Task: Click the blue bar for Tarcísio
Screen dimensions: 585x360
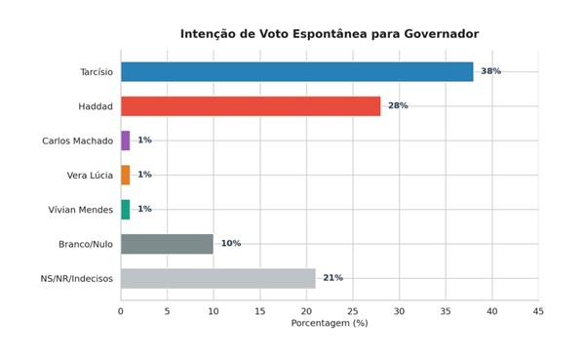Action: [297, 71]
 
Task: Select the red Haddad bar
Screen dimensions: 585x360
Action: [251, 106]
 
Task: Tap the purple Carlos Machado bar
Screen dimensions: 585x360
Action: [126, 140]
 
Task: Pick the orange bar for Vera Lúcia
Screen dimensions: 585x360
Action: [126, 175]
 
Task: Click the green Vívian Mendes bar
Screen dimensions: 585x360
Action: [126, 210]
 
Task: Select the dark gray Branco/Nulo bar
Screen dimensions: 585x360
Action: [167, 244]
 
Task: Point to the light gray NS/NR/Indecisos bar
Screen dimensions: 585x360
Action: [218, 278]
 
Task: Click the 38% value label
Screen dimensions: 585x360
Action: [491, 71]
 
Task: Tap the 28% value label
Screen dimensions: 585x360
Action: [398, 105]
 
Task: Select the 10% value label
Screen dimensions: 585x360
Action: [231, 244]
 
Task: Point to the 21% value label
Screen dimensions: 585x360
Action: [332, 278]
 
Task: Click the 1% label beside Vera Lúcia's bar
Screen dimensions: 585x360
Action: [144, 175]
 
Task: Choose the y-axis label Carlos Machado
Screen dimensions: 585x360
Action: [78, 140]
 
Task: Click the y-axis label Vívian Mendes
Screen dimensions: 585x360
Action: [81, 210]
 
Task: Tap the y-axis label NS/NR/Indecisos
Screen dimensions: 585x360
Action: [76, 279]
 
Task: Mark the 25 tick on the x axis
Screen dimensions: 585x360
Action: [353, 311]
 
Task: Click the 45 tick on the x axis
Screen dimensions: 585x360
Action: [538, 311]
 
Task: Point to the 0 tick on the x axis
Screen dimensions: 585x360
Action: [121, 311]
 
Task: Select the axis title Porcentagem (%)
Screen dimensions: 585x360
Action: [330, 323]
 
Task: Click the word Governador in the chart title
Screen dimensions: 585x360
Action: [442, 34]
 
